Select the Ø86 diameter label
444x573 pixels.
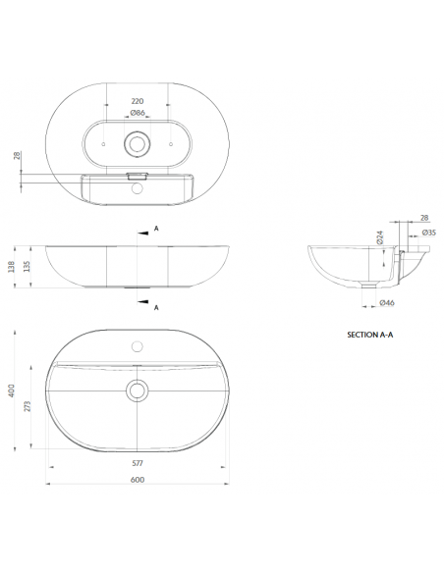pos(139,114)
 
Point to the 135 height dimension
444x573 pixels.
pos(28,266)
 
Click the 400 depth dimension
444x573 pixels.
pos(12,391)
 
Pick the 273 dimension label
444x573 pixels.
pos(27,406)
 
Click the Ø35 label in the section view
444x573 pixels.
pos(428,233)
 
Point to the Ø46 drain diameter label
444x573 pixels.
pos(387,303)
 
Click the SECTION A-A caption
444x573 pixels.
pos(370,334)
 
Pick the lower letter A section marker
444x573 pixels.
pos(156,307)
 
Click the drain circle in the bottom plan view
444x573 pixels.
pos(137,391)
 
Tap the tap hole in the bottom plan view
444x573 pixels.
pos(137,346)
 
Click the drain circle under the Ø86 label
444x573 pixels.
pos(137,144)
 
